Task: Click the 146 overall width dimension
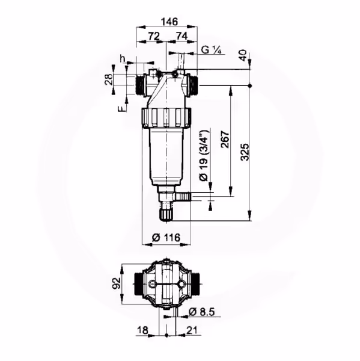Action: click(169, 22)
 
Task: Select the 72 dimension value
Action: click(154, 36)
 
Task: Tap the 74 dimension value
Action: click(182, 36)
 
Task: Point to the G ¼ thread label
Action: click(211, 50)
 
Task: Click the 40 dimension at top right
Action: click(243, 55)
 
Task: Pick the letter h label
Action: click(123, 58)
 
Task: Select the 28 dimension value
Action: click(109, 79)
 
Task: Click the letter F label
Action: click(123, 108)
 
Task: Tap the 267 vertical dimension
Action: click(225, 140)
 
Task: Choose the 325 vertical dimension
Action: click(245, 152)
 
